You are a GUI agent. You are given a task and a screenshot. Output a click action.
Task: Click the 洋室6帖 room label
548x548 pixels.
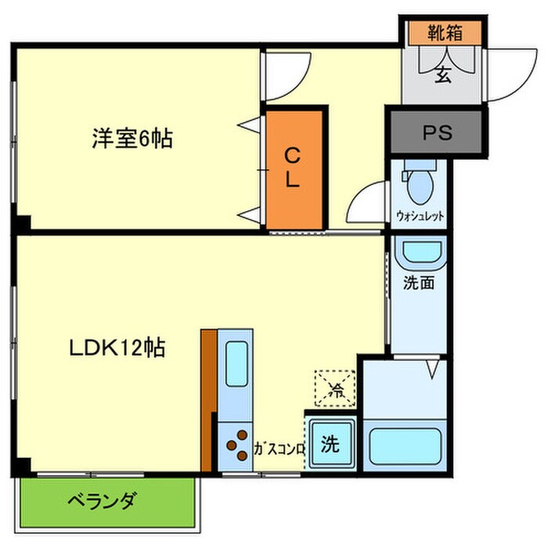tap(132, 139)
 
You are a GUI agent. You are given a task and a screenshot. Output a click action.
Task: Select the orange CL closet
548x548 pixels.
tap(293, 168)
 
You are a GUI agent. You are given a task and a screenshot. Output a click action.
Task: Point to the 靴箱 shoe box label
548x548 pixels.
tap(445, 33)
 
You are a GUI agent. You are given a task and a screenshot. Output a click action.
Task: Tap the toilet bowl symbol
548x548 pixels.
tap(420, 183)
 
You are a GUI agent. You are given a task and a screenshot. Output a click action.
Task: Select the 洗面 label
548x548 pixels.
tap(420, 284)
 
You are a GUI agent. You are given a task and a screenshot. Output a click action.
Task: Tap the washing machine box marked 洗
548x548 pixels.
tap(330, 445)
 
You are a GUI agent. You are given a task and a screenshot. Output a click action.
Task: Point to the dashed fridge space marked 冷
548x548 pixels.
tap(335, 387)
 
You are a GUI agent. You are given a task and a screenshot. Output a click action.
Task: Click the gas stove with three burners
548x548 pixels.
tap(234, 447)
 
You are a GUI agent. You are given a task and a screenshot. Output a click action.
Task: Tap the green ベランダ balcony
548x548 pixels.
tap(106, 501)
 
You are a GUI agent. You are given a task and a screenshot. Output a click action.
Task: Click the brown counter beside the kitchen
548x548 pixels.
tap(207, 399)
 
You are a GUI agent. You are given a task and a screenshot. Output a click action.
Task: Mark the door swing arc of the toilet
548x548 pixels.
tap(366, 204)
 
